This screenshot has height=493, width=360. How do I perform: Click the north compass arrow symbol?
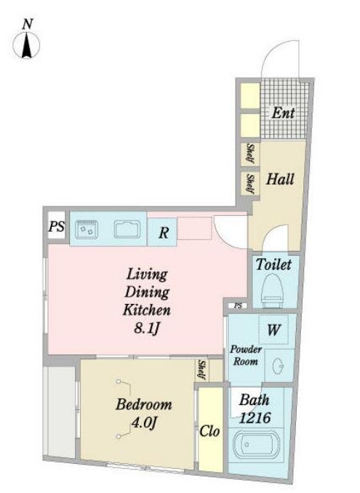click(x=26, y=45)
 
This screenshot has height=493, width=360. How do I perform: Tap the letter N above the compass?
click(x=28, y=24)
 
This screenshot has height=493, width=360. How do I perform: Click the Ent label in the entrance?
click(x=283, y=113)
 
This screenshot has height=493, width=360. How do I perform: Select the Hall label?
click(x=280, y=179)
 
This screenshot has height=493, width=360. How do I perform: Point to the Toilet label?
click(x=273, y=265)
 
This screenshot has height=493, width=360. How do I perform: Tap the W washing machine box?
click(x=273, y=329)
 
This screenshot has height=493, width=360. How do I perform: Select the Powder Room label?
click(x=246, y=356)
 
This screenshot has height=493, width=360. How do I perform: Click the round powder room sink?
click(x=279, y=366)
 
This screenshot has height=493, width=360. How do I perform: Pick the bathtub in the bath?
click(x=257, y=444)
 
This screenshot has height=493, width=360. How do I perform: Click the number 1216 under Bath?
click(x=255, y=418)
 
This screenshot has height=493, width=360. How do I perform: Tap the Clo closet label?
click(x=209, y=431)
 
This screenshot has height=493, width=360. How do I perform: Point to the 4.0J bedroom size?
click(x=143, y=423)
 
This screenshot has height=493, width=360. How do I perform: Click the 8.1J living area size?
click(x=147, y=329)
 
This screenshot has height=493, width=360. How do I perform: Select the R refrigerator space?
click(x=163, y=232)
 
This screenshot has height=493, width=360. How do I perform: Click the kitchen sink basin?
click(x=127, y=229)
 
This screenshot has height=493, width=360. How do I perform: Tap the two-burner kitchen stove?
click(x=87, y=229)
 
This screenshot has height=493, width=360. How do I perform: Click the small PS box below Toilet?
click(x=238, y=305)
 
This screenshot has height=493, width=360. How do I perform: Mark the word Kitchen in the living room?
click(x=146, y=310)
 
